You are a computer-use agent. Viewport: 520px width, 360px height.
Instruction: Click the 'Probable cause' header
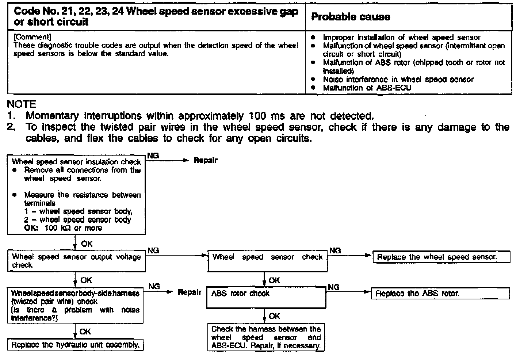pyautogui.click(x=350, y=17)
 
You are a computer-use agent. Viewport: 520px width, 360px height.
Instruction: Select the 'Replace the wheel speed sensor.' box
pyautogui.click(x=441, y=257)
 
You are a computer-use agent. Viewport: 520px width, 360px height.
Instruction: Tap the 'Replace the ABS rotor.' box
pyautogui.click(x=440, y=293)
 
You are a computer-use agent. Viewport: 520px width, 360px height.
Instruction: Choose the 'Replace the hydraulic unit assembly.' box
pyautogui.click(x=75, y=345)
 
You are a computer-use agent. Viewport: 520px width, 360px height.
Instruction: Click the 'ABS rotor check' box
pyautogui.click(x=267, y=297)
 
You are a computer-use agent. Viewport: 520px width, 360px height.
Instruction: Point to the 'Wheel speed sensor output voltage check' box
pyautogui.click(x=76, y=261)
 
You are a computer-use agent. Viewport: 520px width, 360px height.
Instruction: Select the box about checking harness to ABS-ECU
pyautogui.click(x=266, y=337)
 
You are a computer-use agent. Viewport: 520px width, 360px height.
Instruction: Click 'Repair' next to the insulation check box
pyautogui.click(x=206, y=160)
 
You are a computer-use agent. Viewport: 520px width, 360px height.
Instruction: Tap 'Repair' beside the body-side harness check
pyautogui.click(x=190, y=292)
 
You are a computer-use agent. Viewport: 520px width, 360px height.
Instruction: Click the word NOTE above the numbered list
pyautogui.click(x=22, y=104)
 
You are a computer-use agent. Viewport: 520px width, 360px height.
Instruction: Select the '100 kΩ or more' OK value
pyautogui.click(x=73, y=228)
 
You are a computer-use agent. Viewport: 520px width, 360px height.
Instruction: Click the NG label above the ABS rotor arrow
pyautogui.click(x=333, y=287)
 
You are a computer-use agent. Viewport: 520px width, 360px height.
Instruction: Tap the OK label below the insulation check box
pyautogui.click(x=87, y=244)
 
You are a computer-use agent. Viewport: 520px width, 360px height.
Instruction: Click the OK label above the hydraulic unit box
pyautogui.click(x=85, y=332)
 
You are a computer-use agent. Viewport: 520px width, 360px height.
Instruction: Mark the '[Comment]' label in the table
pyautogui.click(x=32, y=37)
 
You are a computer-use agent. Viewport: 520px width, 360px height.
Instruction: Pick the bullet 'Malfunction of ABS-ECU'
pyautogui.click(x=367, y=88)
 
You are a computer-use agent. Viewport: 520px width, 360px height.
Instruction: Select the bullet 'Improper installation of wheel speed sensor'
pyautogui.click(x=401, y=38)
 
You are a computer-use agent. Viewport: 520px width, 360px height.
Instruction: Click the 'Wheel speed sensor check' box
pyautogui.click(x=267, y=261)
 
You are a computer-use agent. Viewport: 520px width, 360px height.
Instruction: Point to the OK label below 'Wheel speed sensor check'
pyautogui.click(x=274, y=280)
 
